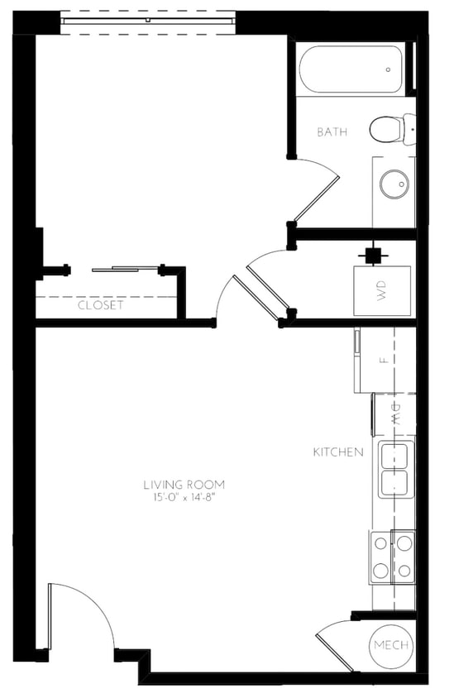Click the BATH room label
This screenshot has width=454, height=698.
point(332,131)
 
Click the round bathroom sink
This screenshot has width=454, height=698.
point(393,184)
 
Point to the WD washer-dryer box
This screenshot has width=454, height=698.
point(382,290)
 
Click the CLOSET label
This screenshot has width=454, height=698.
point(100,305)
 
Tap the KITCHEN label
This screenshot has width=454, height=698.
point(337,452)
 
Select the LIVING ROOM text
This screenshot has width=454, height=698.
point(184,485)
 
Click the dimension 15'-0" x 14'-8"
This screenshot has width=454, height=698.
point(184,498)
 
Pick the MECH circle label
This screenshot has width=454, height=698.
point(391,645)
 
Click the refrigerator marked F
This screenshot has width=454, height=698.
point(383,361)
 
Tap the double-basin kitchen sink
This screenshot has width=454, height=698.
point(396,470)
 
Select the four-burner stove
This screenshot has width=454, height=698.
point(392,557)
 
